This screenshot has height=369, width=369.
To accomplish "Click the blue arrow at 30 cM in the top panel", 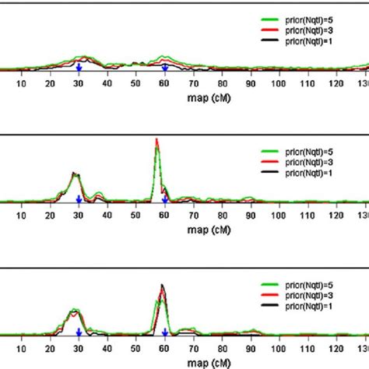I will point(79,69).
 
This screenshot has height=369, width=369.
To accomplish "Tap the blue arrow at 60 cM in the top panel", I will point(164,69).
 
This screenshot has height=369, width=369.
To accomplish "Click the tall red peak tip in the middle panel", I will point(156,140).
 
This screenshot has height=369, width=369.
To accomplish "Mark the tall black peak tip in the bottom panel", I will point(163,286).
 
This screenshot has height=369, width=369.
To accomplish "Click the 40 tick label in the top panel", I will point(107,84).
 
